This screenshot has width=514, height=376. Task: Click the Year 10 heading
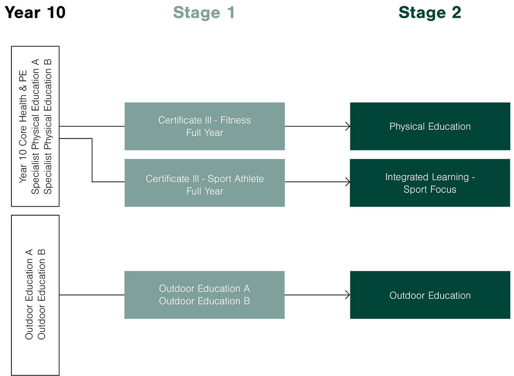coord(35,12)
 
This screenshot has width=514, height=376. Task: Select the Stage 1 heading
coord(204,12)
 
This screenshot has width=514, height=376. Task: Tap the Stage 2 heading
coord(429,12)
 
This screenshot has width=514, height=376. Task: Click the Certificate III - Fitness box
coord(204,126)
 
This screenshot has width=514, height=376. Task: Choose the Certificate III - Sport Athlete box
coord(204,183)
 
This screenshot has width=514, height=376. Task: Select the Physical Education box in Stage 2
coord(429,126)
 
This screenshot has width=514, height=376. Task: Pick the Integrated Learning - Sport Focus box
coord(429,183)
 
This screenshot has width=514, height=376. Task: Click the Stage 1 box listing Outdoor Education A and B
coord(204,295)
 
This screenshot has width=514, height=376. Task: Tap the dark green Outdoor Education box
coord(429,295)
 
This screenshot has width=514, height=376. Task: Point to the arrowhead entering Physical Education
coord(348,126)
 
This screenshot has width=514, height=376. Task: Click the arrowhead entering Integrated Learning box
coord(348,182)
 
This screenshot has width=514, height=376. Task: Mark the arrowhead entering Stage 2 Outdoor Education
coord(348,295)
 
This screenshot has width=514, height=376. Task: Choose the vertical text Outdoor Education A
coord(29,295)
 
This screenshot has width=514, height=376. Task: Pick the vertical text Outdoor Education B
coord(42,295)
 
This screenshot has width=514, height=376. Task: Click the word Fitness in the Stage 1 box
coord(236,120)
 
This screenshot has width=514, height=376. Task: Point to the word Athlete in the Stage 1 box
coord(249,179)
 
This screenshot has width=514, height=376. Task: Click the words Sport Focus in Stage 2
coord(429,189)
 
